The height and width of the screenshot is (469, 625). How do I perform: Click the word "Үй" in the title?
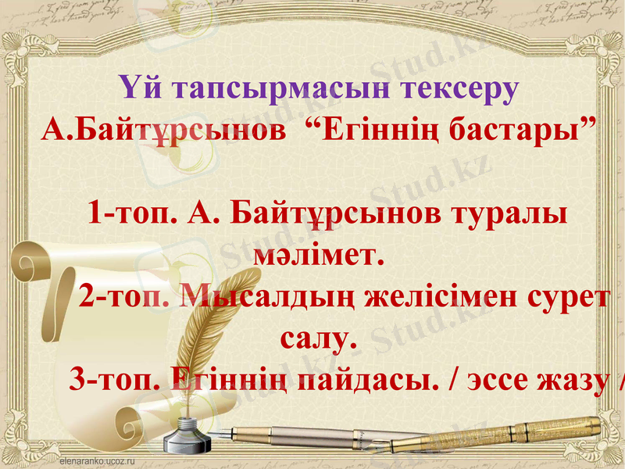tap(143, 88)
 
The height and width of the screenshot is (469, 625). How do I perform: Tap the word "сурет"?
tap(570, 297)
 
